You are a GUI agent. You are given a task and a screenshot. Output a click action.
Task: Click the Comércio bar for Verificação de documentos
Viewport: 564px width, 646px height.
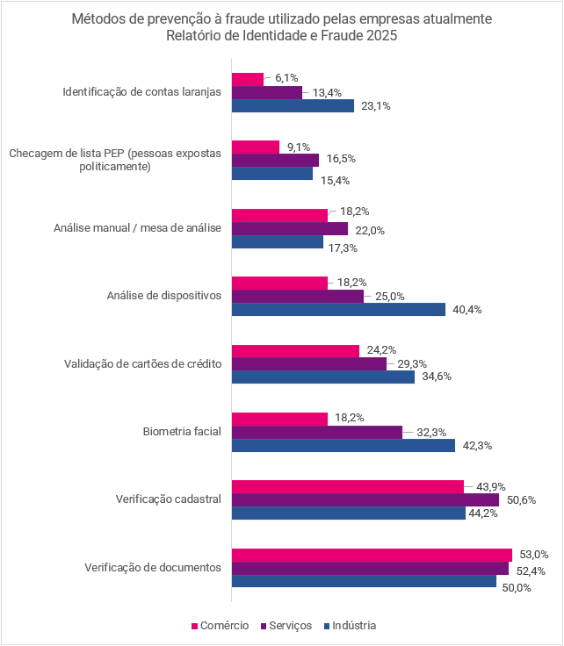point(371,555)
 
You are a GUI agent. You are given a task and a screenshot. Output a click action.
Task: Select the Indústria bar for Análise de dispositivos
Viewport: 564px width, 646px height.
point(338,309)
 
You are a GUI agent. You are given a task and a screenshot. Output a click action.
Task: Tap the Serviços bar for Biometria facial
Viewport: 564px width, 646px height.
point(316,432)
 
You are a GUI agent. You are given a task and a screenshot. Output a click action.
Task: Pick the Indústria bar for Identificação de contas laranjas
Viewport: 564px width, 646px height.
point(293,105)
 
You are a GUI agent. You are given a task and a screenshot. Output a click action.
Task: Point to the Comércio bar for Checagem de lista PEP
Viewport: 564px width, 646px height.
point(255,147)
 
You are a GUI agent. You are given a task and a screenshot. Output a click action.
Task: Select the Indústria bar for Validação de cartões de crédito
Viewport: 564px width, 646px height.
point(322,377)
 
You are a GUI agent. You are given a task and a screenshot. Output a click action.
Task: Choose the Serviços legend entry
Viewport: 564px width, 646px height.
point(286,626)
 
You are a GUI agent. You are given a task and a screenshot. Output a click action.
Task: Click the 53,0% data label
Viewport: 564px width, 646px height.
point(533,555)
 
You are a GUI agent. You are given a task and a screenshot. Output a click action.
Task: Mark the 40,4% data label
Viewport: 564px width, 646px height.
point(466,309)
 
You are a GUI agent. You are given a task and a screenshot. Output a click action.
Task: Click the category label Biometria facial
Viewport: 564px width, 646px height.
point(182,432)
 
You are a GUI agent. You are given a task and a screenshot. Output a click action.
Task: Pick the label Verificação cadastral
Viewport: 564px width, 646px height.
point(168,499)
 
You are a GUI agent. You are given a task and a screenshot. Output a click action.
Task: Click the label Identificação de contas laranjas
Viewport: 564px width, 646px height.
point(142,91)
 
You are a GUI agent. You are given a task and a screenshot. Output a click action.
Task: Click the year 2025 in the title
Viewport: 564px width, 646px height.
point(381,36)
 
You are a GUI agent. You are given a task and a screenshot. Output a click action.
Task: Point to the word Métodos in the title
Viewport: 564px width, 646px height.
point(96,18)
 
